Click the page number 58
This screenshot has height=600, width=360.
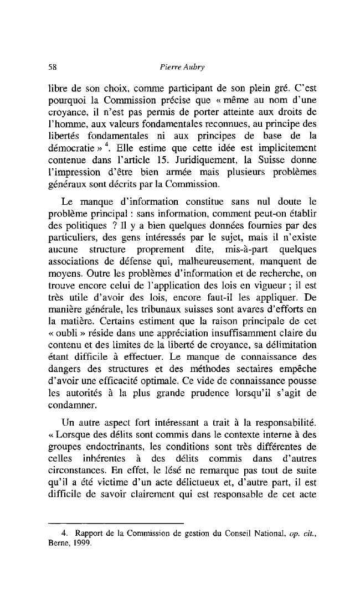click(x=54, y=67)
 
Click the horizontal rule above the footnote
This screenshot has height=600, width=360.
click(x=116, y=523)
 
